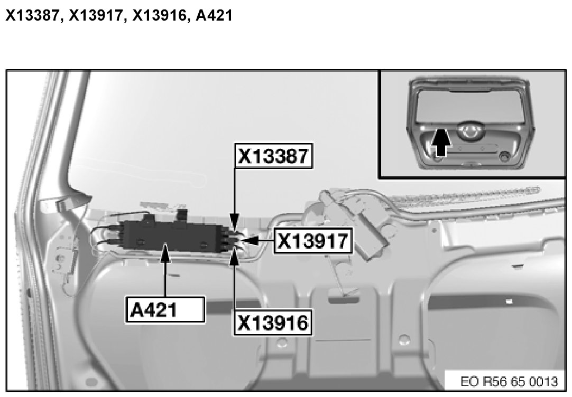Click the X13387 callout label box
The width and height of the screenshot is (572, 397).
click(x=274, y=156)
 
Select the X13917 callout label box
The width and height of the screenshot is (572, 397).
click(x=313, y=241)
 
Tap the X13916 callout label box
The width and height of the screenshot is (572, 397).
click(x=273, y=323)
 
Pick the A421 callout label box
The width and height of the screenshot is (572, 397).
click(x=165, y=310)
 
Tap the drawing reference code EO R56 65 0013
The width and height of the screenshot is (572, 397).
click(x=509, y=381)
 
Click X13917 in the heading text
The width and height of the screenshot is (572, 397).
click(x=96, y=15)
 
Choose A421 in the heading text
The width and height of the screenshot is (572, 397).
click(x=214, y=15)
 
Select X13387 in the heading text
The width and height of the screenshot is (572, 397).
click(x=33, y=15)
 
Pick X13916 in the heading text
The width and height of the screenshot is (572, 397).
click(x=160, y=15)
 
